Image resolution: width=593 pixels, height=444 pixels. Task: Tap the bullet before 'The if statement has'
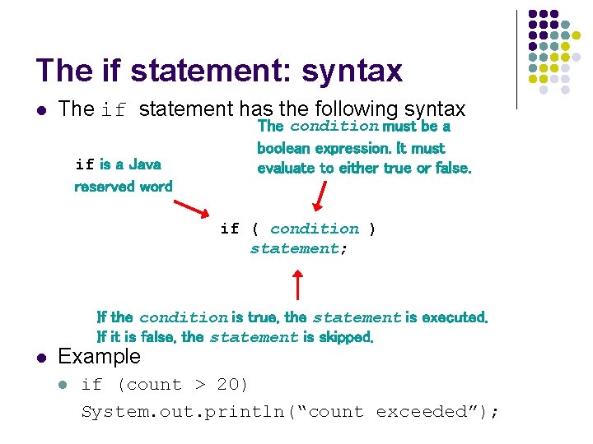41,109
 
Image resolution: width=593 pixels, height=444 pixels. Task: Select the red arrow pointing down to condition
320,197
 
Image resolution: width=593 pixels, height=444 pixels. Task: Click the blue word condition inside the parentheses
315,229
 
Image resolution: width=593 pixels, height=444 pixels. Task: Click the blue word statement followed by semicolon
294,248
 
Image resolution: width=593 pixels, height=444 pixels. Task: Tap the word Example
100,357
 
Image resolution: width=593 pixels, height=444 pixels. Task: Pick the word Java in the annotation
144,164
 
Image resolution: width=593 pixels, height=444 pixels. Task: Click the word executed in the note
454,317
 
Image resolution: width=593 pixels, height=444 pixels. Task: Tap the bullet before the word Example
41,357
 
